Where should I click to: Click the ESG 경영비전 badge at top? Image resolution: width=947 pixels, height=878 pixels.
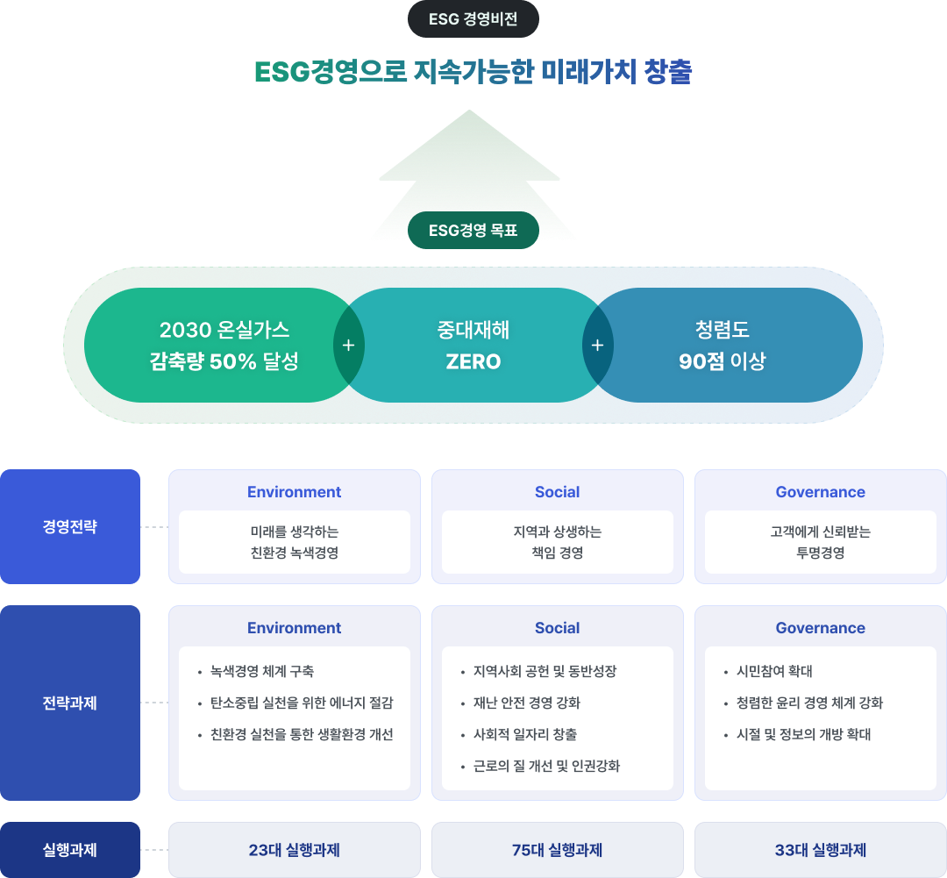473,19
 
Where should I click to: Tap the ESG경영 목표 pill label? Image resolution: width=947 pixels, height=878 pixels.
473,231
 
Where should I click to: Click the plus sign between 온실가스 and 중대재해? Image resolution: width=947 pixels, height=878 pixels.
348,345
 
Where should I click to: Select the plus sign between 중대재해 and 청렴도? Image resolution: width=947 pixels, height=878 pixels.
598,345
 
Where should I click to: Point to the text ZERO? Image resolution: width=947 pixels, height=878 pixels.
473,361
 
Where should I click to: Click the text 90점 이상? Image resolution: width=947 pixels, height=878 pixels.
723,361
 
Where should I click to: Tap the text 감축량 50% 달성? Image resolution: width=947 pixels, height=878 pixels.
224,361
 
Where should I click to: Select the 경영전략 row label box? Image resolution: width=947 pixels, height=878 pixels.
70,527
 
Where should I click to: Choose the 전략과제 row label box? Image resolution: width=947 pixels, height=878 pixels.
70,703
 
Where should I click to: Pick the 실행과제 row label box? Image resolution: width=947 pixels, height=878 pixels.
70,850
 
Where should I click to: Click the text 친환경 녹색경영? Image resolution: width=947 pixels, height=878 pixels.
295,553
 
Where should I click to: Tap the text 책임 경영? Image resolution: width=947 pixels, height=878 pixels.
558,553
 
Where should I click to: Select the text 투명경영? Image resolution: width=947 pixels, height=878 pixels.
821,553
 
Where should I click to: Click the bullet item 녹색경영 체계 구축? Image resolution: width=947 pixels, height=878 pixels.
262,672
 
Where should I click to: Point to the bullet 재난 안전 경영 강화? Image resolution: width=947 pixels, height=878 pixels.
526,703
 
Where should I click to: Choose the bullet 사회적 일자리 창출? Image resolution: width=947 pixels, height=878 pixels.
524,735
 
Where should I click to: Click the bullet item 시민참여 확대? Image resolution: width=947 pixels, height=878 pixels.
774,672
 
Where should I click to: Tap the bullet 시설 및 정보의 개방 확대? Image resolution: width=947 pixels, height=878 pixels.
804,735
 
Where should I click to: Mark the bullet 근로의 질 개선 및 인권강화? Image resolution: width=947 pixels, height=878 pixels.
546,767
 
